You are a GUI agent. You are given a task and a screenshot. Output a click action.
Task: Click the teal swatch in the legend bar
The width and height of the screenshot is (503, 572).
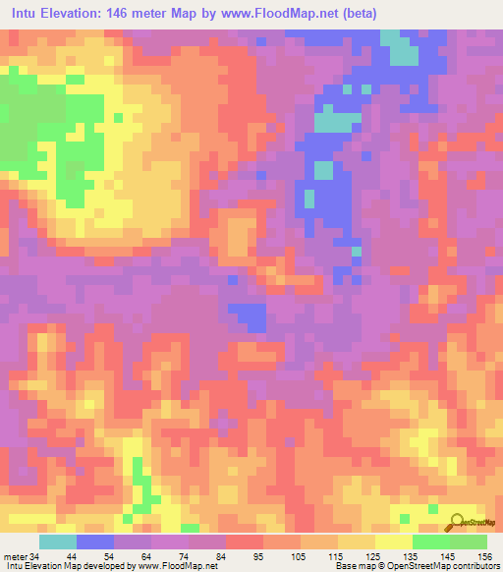pos(58,542)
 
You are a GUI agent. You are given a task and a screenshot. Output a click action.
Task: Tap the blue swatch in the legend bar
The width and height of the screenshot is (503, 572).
pos(95,542)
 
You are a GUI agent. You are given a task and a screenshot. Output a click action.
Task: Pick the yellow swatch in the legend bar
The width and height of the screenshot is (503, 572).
pos(394,542)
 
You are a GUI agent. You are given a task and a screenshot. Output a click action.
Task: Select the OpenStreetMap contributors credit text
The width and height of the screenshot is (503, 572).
pos(443,565)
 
